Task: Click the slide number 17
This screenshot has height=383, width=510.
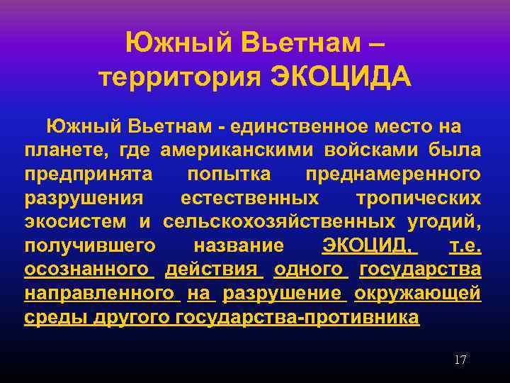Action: (x=460, y=360)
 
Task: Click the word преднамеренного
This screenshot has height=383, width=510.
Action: (x=393, y=174)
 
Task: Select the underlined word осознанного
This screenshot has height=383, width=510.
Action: (x=87, y=270)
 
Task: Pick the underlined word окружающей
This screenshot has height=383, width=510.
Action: (x=418, y=294)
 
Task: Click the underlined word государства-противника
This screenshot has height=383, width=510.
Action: (x=298, y=317)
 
